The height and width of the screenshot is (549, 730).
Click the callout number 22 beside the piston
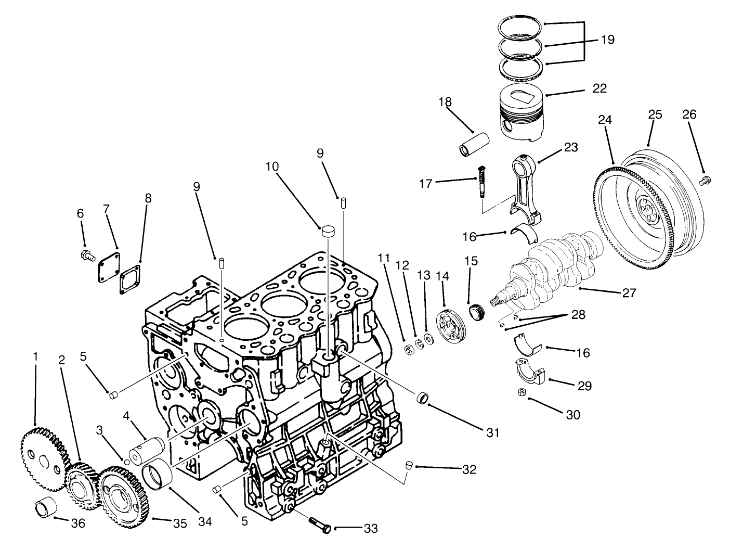pyautogui.click(x=599, y=88)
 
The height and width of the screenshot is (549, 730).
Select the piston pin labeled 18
pyautogui.click(x=474, y=144)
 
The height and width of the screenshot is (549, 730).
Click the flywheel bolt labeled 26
pyautogui.click(x=705, y=180)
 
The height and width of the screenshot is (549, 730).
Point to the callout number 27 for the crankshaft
pyautogui.click(x=629, y=293)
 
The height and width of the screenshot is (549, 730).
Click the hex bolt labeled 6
pyautogui.click(x=87, y=256)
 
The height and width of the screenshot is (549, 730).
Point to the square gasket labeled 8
pyautogui.click(x=130, y=279)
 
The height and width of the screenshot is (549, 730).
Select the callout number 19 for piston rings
pyautogui.click(x=607, y=39)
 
